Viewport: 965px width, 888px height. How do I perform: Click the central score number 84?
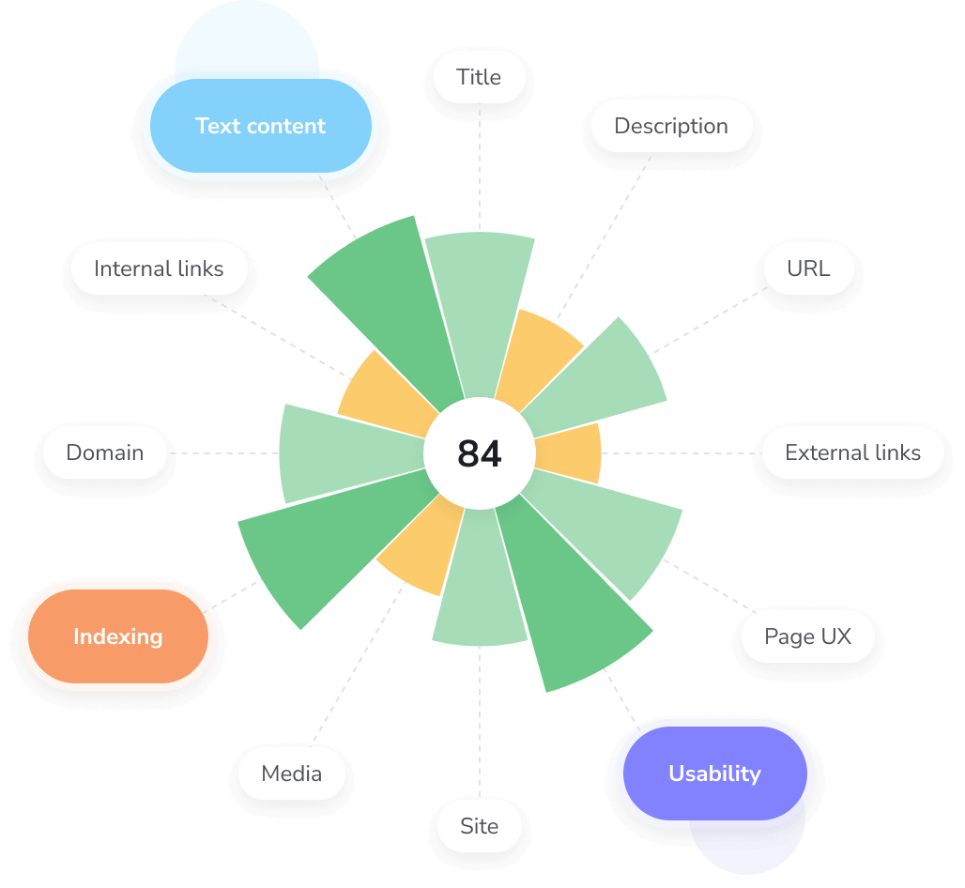point(480,454)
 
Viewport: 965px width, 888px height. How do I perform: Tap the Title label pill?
point(479,77)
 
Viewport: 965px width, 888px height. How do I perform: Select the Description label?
point(670,126)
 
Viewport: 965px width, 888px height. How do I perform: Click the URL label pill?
point(808,268)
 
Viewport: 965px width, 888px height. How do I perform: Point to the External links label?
point(852,452)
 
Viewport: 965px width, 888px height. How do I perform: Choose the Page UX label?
point(807,636)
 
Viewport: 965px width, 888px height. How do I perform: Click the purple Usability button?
point(714,773)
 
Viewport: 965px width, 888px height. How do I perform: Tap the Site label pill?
point(479,826)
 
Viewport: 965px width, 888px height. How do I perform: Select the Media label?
point(291,773)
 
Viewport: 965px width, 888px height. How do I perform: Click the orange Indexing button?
point(118,636)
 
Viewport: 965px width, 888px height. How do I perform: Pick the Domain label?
point(104,452)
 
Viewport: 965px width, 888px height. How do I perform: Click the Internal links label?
point(159,268)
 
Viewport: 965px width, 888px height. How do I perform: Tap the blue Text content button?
point(260,126)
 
